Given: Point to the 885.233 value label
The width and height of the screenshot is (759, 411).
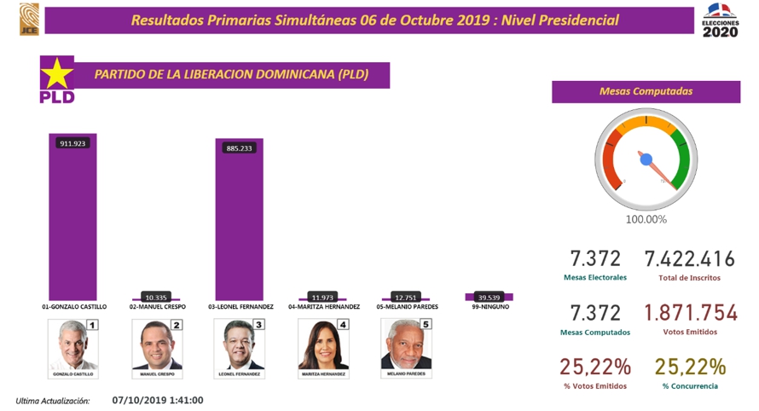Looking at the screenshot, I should pyautogui.click(x=239, y=148).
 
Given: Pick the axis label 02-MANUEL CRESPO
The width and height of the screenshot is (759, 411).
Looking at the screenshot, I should pyautogui.click(x=157, y=306).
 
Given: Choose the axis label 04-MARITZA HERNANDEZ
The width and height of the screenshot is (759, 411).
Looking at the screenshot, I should pyautogui.click(x=323, y=306).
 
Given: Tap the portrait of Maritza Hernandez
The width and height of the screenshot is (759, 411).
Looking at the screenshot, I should pyautogui.click(x=323, y=347).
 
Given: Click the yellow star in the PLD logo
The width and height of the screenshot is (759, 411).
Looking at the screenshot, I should pyautogui.click(x=57, y=73).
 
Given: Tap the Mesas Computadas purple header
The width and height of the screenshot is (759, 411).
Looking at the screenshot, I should pyautogui.click(x=646, y=91).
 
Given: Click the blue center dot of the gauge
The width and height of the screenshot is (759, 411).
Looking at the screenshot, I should pyautogui.click(x=646, y=159).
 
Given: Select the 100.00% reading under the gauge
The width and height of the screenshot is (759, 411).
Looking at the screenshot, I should pyautogui.click(x=646, y=219).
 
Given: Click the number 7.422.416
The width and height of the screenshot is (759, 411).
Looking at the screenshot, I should pyautogui.click(x=689, y=258).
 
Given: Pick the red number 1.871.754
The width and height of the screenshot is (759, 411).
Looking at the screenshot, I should pyautogui.click(x=689, y=313).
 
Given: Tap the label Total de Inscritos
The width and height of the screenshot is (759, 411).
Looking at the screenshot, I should pyautogui.click(x=689, y=278).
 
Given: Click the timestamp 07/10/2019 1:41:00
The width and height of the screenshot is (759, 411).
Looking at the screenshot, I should pyautogui.click(x=157, y=399).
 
